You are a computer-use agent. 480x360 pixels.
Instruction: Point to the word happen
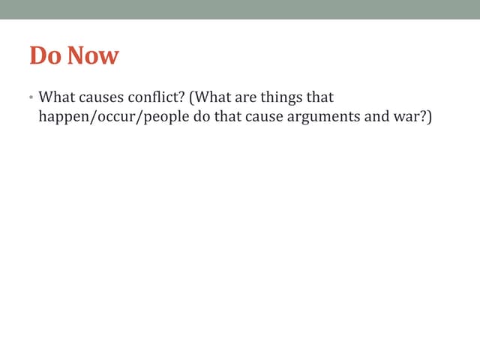[x=62, y=118]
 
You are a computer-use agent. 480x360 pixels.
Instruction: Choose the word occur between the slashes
[x=110, y=118]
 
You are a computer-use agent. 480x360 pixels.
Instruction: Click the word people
[x=160, y=118]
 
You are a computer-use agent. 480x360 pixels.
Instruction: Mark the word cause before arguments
[x=263, y=118]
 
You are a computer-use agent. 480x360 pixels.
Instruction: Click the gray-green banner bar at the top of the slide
[x=240, y=9]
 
